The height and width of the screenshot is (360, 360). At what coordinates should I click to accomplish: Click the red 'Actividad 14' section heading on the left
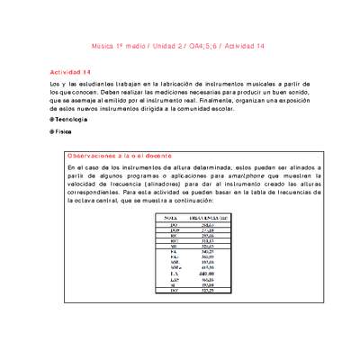point(70,70)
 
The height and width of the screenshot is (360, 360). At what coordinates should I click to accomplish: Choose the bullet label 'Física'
point(64,131)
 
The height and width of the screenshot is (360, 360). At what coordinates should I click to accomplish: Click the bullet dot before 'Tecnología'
point(51,120)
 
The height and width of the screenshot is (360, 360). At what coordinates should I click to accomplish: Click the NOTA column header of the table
point(167,218)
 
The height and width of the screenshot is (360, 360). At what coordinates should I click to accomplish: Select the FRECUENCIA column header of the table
point(208,218)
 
